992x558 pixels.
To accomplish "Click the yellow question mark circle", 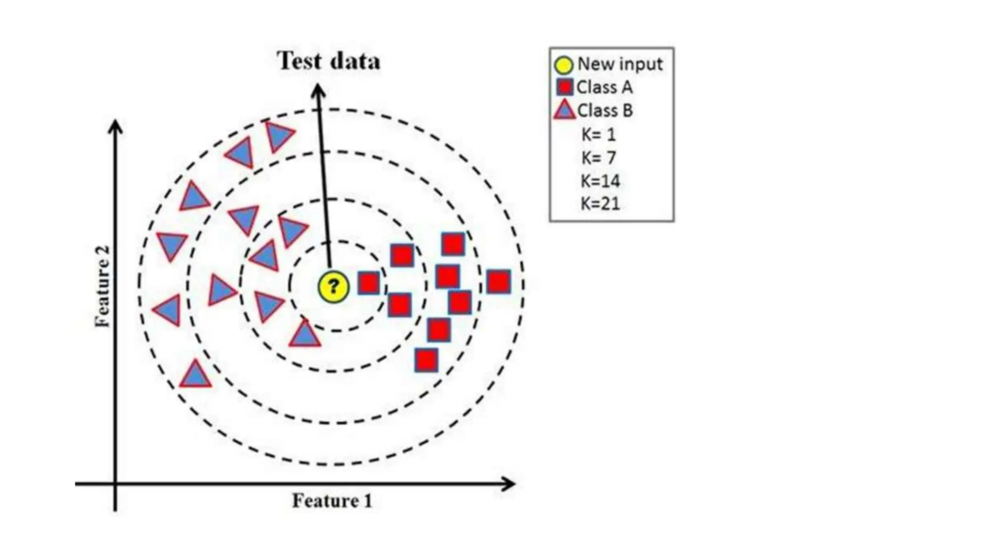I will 333,287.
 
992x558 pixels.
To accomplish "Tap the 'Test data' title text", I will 328,61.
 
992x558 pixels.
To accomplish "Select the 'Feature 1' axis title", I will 332,500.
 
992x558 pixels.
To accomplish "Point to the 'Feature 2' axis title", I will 103,287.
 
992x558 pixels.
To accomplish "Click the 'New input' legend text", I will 620,64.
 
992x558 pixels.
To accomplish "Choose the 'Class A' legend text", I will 604,87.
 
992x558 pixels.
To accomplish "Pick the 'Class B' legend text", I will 605,110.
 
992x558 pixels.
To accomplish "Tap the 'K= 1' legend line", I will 599,134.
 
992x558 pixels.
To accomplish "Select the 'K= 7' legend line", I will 599,157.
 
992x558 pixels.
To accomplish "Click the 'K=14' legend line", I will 601,181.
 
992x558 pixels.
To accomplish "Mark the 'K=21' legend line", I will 601,203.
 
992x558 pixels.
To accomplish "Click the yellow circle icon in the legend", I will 564,65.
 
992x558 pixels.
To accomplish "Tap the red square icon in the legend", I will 565,87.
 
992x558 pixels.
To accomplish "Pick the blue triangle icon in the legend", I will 564,110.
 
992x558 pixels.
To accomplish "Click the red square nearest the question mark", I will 369,283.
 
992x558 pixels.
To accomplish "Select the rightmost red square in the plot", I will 498,282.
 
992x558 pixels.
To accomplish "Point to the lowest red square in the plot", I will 426,360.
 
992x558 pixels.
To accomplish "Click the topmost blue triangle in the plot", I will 279,136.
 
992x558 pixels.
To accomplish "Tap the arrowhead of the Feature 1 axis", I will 509,483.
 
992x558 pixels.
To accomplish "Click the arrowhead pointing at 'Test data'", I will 318,90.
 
